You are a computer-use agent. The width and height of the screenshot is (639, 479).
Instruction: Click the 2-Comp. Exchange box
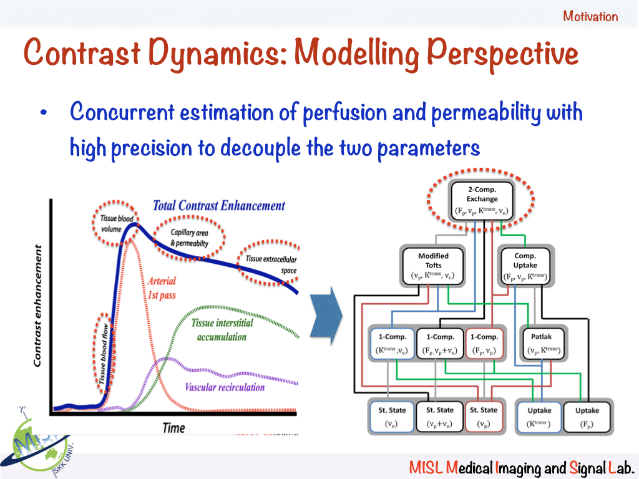pyautogui.click(x=482, y=200)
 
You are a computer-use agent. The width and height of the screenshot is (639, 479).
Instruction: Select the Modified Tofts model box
pyautogui.click(x=433, y=266)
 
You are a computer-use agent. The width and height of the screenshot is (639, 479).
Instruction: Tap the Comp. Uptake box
pyautogui.click(x=525, y=266)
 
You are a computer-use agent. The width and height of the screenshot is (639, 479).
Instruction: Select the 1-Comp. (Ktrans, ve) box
pyautogui.click(x=390, y=342)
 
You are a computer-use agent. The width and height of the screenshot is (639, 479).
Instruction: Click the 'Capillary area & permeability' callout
pyautogui.click(x=190, y=238)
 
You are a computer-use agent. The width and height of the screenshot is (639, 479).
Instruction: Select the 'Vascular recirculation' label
pyautogui.click(x=225, y=387)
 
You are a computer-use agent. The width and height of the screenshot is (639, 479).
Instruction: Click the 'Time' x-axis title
pyautogui.click(x=173, y=428)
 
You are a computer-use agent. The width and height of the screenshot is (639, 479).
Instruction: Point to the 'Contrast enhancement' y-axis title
pyautogui.click(x=39, y=305)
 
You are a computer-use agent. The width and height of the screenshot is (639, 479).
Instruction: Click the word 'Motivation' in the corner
pyautogui.click(x=590, y=16)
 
